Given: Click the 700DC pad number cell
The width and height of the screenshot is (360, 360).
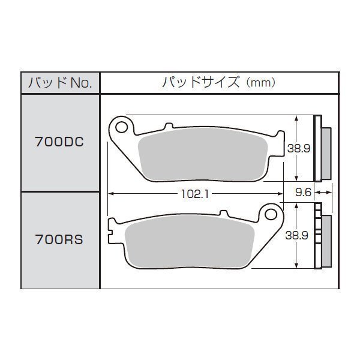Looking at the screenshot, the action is (x=60, y=142).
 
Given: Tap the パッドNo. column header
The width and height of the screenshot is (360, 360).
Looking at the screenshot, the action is (x=60, y=83).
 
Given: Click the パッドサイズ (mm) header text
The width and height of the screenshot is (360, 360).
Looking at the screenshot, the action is (x=219, y=82).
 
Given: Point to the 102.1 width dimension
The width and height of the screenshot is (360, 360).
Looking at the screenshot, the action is (x=195, y=194).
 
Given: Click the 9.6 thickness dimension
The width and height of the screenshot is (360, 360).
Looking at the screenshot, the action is (x=303, y=192).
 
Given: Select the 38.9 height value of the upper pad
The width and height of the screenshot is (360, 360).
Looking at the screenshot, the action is (x=299, y=149).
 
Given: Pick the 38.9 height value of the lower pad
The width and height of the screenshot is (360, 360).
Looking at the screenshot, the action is (x=296, y=235).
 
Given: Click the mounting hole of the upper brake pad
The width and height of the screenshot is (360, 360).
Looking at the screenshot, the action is (x=121, y=127).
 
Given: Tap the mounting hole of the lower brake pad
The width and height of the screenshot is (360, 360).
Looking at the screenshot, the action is (x=271, y=214).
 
